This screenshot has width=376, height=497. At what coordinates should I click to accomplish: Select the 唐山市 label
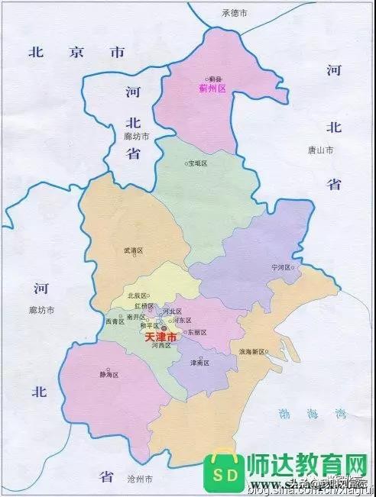[x=321, y=150]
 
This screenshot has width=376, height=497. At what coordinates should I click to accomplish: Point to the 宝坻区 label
[x=198, y=163]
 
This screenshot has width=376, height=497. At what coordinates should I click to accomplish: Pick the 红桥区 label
[x=144, y=305]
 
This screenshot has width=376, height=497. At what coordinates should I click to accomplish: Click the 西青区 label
[x=114, y=321]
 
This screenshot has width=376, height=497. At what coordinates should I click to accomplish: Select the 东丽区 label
[x=196, y=333]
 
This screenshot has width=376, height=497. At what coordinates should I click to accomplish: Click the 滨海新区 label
[x=251, y=352]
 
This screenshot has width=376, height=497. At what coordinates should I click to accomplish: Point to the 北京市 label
[x=76, y=53]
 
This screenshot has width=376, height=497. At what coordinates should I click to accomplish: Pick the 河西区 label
[x=160, y=346]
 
